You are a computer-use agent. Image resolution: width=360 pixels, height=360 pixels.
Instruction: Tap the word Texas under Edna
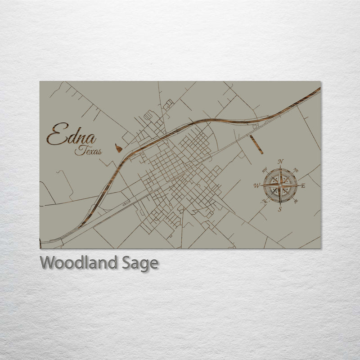pyautogui.click(x=88, y=151)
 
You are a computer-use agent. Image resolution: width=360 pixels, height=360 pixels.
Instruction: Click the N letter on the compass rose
pyautogui.click(x=281, y=162)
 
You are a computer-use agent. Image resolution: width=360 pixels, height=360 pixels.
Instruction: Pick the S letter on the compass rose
pyautogui.click(x=280, y=209)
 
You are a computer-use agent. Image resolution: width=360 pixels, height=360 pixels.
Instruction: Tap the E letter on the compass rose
pyautogui.click(x=303, y=185)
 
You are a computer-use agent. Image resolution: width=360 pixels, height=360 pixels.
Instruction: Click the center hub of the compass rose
pyautogui.click(x=280, y=185)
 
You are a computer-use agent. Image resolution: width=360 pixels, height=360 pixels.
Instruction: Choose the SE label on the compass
pyautogui.click(x=295, y=201)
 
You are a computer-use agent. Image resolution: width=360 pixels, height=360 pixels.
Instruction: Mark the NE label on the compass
pyautogui.click(x=296, y=170)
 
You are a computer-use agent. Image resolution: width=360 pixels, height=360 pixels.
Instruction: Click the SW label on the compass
pyautogui.click(x=265, y=201)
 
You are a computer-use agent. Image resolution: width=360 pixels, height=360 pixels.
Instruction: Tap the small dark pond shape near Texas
pyautogui.click(x=118, y=148)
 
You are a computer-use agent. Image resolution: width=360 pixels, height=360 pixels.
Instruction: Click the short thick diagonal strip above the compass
pyautogui.click(x=256, y=144)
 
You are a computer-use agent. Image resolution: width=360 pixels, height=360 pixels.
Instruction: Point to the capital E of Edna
pyautogui.click(x=56, y=135)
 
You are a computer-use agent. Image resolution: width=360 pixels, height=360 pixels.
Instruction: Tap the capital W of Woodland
pyautogui.click(x=47, y=262)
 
